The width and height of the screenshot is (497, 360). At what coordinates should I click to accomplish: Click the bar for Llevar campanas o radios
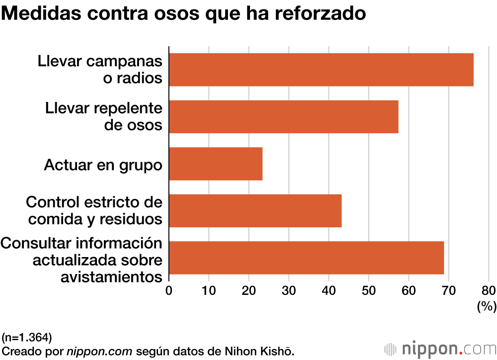(x=321, y=70)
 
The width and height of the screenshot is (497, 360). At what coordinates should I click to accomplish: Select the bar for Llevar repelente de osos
(x=284, y=117)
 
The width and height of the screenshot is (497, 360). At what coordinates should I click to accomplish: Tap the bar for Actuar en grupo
(x=216, y=164)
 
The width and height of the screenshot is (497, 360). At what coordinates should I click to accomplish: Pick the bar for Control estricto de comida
(x=255, y=211)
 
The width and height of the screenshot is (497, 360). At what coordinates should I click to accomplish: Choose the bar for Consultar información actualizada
(x=306, y=258)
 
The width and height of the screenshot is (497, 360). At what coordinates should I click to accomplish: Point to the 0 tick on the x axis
(x=169, y=290)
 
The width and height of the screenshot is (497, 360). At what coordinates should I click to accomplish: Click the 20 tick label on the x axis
(x=248, y=290)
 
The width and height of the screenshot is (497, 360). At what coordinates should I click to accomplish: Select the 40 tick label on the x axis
(x=329, y=290)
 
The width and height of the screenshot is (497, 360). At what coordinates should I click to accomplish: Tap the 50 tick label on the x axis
(x=368, y=290)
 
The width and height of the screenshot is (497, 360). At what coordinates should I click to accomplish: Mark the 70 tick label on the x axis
(x=448, y=290)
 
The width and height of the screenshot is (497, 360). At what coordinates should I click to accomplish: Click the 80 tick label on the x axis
(x=488, y=290)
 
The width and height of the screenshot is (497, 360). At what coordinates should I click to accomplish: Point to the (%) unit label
(x=487, y=307)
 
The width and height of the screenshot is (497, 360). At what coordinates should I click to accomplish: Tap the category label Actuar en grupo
(x=103, y=165)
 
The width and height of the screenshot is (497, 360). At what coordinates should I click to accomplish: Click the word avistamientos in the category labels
(x=111, y=276)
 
